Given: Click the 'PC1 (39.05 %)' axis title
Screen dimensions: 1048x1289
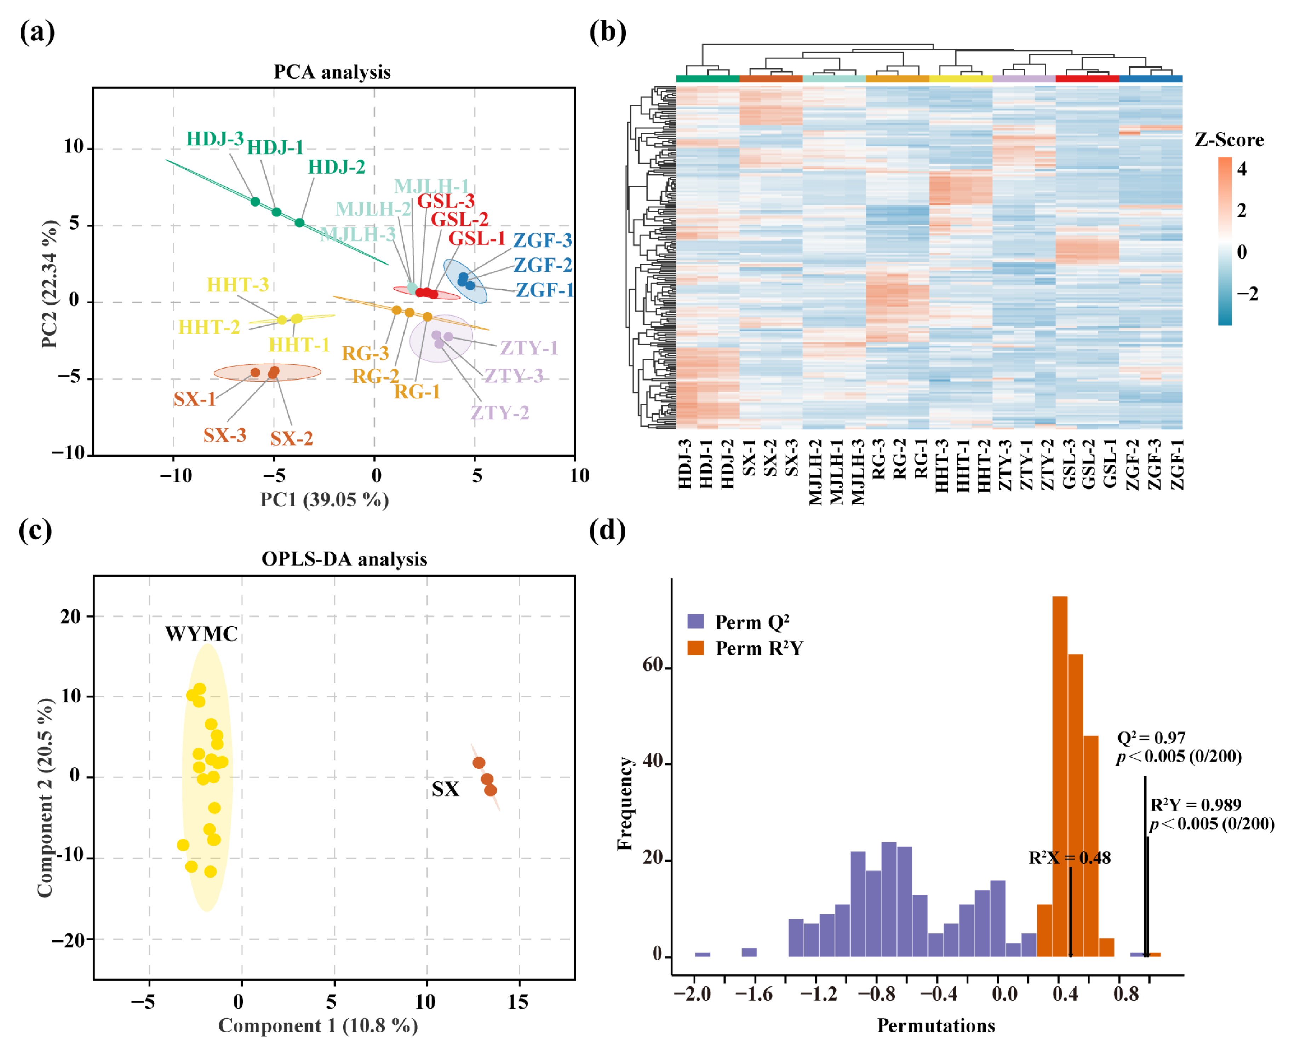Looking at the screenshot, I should coord(324,500).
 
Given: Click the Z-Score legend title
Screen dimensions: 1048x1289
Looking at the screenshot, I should coord(1228,140).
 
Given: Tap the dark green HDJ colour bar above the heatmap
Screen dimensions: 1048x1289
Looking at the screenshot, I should coord(707,79).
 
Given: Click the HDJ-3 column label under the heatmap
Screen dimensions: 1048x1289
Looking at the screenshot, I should coord(684,465).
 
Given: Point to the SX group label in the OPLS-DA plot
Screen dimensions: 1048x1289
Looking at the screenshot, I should coord(445,789).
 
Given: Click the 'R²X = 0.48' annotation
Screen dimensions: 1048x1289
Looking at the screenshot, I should coord(1069,858).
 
